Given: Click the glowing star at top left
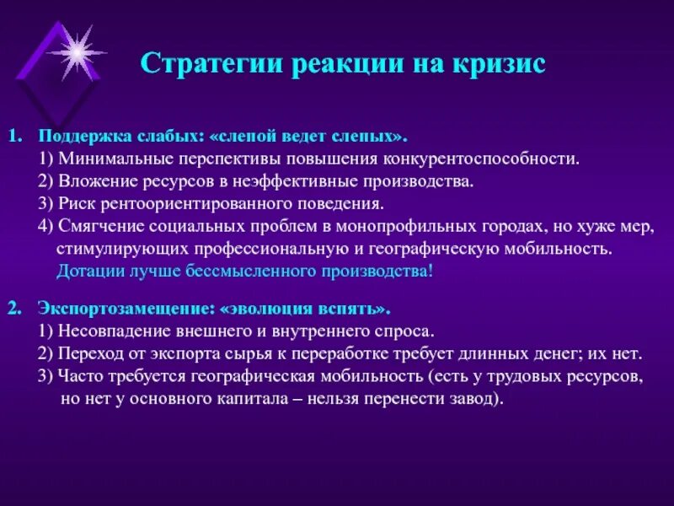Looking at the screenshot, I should pyautogui.click(x=77, y=52).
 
